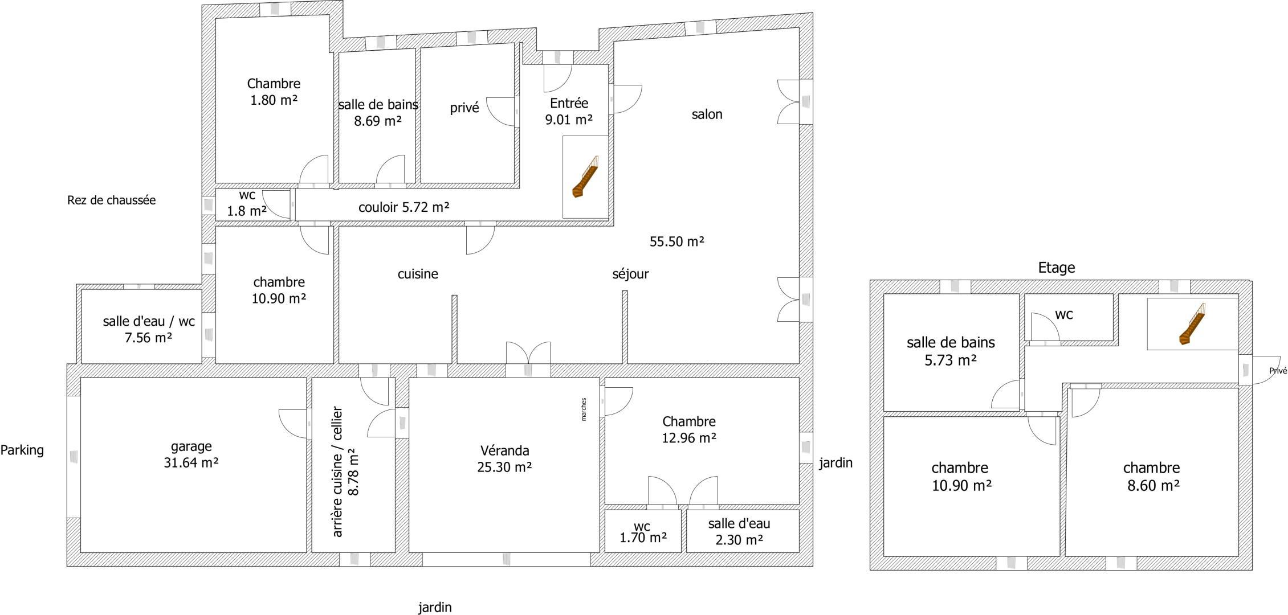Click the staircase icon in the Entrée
pos(586,177)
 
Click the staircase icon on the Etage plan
pos(1192,324)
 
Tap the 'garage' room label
pos(191,446)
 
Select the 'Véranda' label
pos(505,450)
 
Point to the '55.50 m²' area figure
pos(677,241)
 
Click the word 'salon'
pos(707,114)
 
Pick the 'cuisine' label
pos(418,274)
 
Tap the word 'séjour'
pos(631,274)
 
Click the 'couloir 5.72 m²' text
pos(404,207)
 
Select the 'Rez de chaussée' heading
pos(111,200)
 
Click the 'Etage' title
pos(1057,268)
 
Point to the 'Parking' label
pos(22,450)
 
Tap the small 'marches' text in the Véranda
pos(584,409)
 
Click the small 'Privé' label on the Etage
pos(1278,371)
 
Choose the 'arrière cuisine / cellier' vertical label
pos(337,471)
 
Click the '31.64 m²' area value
pos(191,462)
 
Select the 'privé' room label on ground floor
pos(464,108)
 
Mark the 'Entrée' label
pos(569,103)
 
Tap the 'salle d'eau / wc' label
pos(149,321)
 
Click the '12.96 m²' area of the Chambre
pos(689,438)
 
